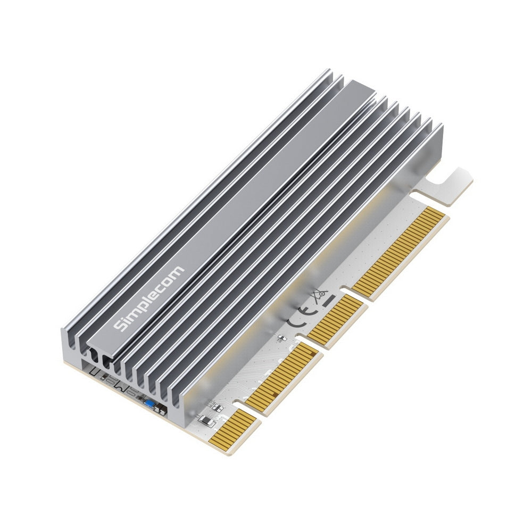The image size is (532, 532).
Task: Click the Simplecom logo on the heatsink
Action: pyautogui.click(x=150, y=298)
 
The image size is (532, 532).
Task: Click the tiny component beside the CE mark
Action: pyautogui.click(x=282, y=338)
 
